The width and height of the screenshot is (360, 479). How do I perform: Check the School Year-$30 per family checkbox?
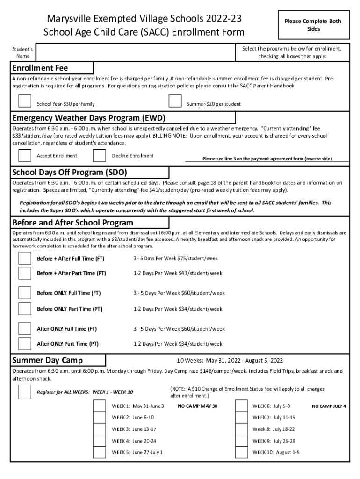(x=24, y=101)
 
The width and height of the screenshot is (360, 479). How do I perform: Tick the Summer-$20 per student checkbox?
(x=175, y=101)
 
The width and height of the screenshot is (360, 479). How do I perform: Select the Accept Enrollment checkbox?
(x=24, y=156)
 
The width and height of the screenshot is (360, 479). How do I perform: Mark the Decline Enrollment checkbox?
(x=99, y=156)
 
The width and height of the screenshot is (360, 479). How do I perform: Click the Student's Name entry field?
(x=136, y=52)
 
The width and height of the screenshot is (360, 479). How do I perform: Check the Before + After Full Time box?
(x=24, y=258)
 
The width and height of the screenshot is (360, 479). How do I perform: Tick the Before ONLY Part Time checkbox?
(x=24, y=309)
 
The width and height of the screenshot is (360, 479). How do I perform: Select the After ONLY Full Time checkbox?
(x=24, y=328)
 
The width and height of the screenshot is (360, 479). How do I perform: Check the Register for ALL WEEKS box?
(x=24, y=392)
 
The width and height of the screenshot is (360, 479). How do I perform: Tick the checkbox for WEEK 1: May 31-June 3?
(x=99, y=406)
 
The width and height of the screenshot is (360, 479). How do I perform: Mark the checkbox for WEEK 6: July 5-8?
(x=241, y=406)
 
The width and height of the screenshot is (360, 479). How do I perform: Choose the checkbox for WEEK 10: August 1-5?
(x=241, y=452)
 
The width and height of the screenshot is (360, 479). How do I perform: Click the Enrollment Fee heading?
(x=40, y=68)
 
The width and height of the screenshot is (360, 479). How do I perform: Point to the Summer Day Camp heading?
(x=48, y=360)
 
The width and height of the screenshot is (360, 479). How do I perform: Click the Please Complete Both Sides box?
(x=313, y=25)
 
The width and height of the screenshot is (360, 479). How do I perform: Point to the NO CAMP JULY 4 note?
(x=329, y=406)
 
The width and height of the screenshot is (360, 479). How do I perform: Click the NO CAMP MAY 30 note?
(x=198, y=406)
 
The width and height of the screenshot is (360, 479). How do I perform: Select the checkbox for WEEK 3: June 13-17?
(x=99, y=429)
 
